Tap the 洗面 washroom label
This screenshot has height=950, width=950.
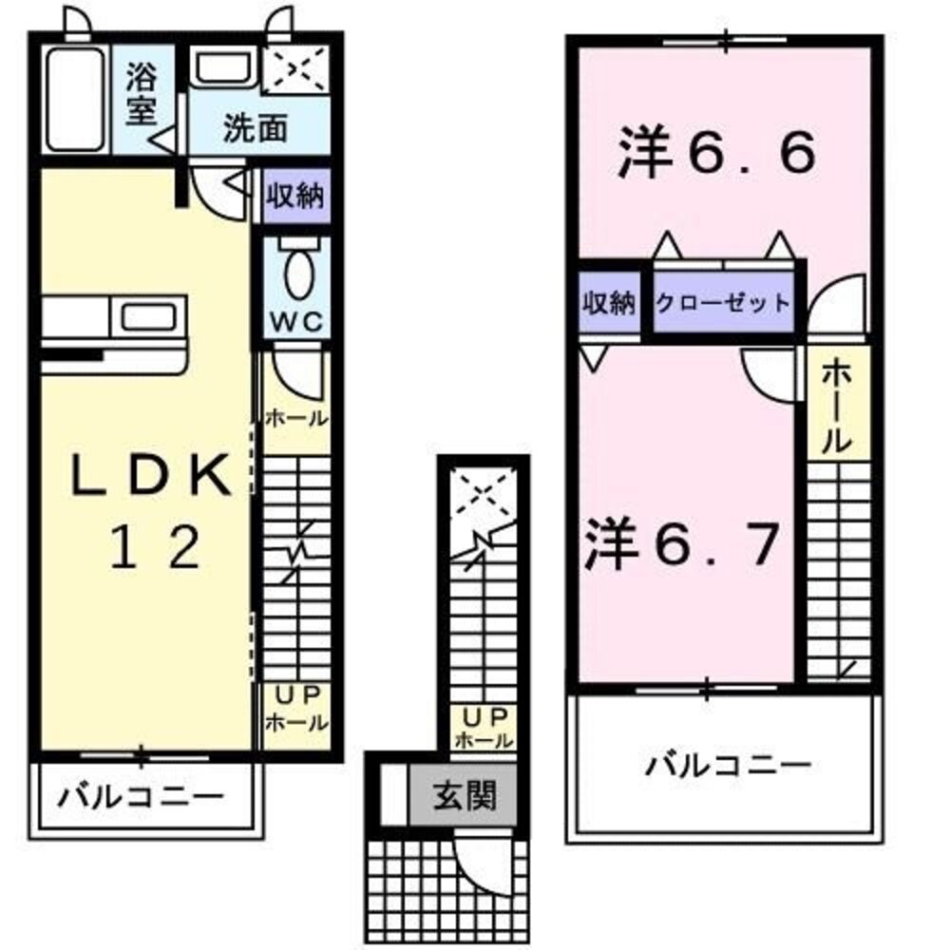tap(255, 129)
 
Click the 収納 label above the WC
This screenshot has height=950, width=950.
tap(295, 198)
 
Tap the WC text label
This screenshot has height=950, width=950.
tap(295, 321)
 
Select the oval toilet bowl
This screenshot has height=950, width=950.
tap(296, 275)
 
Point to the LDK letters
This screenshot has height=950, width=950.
tap(153, 479)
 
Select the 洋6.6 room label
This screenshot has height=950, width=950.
tap(717, 156)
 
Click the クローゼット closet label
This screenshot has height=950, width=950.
tap(723, 303)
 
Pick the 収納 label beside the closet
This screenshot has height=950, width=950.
tap(608, 303)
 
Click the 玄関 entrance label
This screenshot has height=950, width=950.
tap(465, 795)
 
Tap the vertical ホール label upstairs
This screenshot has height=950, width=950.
tap(837, 408)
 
